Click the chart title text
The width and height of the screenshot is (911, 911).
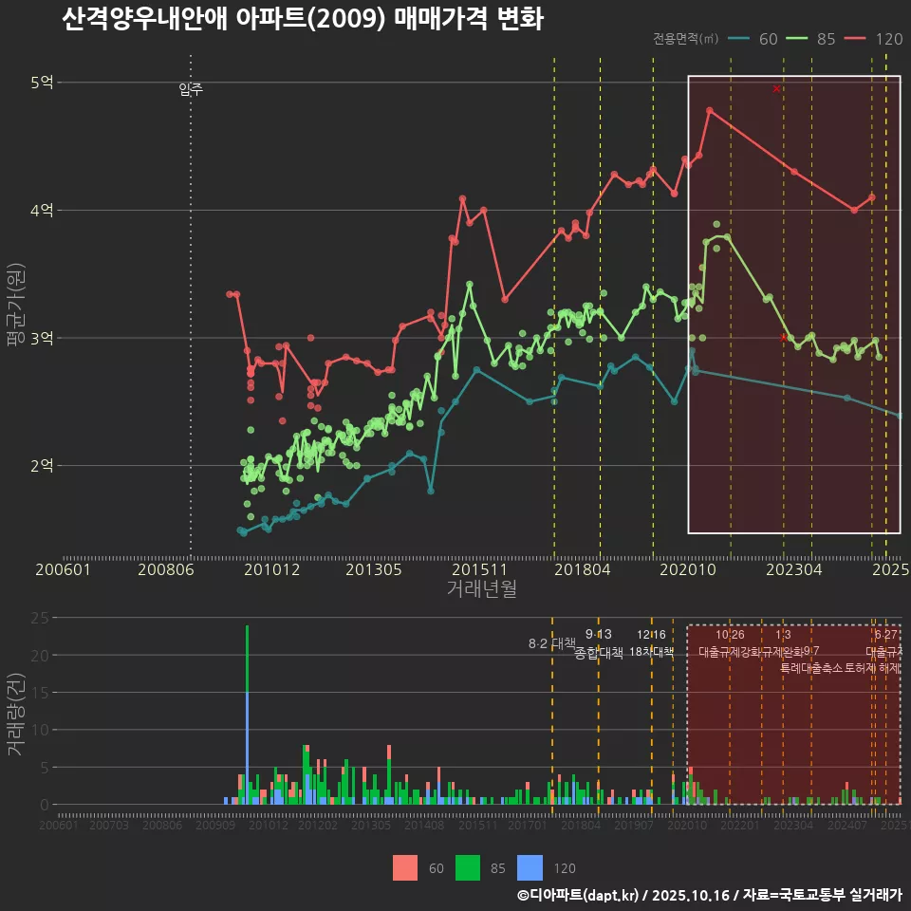pos(302,20)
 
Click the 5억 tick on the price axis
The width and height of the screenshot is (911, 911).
pos(41,83)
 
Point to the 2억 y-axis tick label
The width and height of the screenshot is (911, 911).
pos(41,465)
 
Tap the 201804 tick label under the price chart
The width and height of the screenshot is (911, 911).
pos(581,570)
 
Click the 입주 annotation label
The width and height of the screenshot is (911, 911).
pos(191,90)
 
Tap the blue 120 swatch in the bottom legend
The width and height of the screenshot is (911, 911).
pos(530,867)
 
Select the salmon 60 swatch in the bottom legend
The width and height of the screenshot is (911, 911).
pos(405,867)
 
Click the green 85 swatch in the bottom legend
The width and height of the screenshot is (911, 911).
pos(468,867)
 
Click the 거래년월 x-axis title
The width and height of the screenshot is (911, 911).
pos(481,589)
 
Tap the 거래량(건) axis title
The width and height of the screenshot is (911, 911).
pos(15,714)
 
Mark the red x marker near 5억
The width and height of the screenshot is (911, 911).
pos(776,88)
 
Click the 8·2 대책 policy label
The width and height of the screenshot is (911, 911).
pos(551,643)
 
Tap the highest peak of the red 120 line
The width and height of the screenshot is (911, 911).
pos(709,110)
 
